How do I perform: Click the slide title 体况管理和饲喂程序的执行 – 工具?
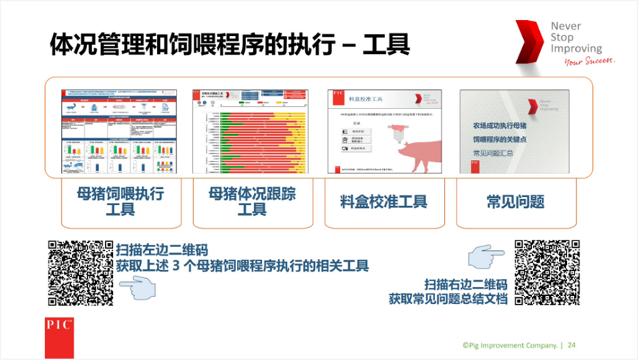tap(229, 43)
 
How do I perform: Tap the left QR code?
tap(80, 273)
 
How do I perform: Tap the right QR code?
tap(547, 271)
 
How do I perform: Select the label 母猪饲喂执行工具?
tap(120, 201)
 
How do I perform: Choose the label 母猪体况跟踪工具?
tap(252, 201)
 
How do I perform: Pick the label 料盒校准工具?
tap(384, 201)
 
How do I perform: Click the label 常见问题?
tap(515, 201)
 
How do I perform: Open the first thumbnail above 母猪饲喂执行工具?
tap(120, 132)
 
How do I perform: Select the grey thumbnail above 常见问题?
tap(515, 132)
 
